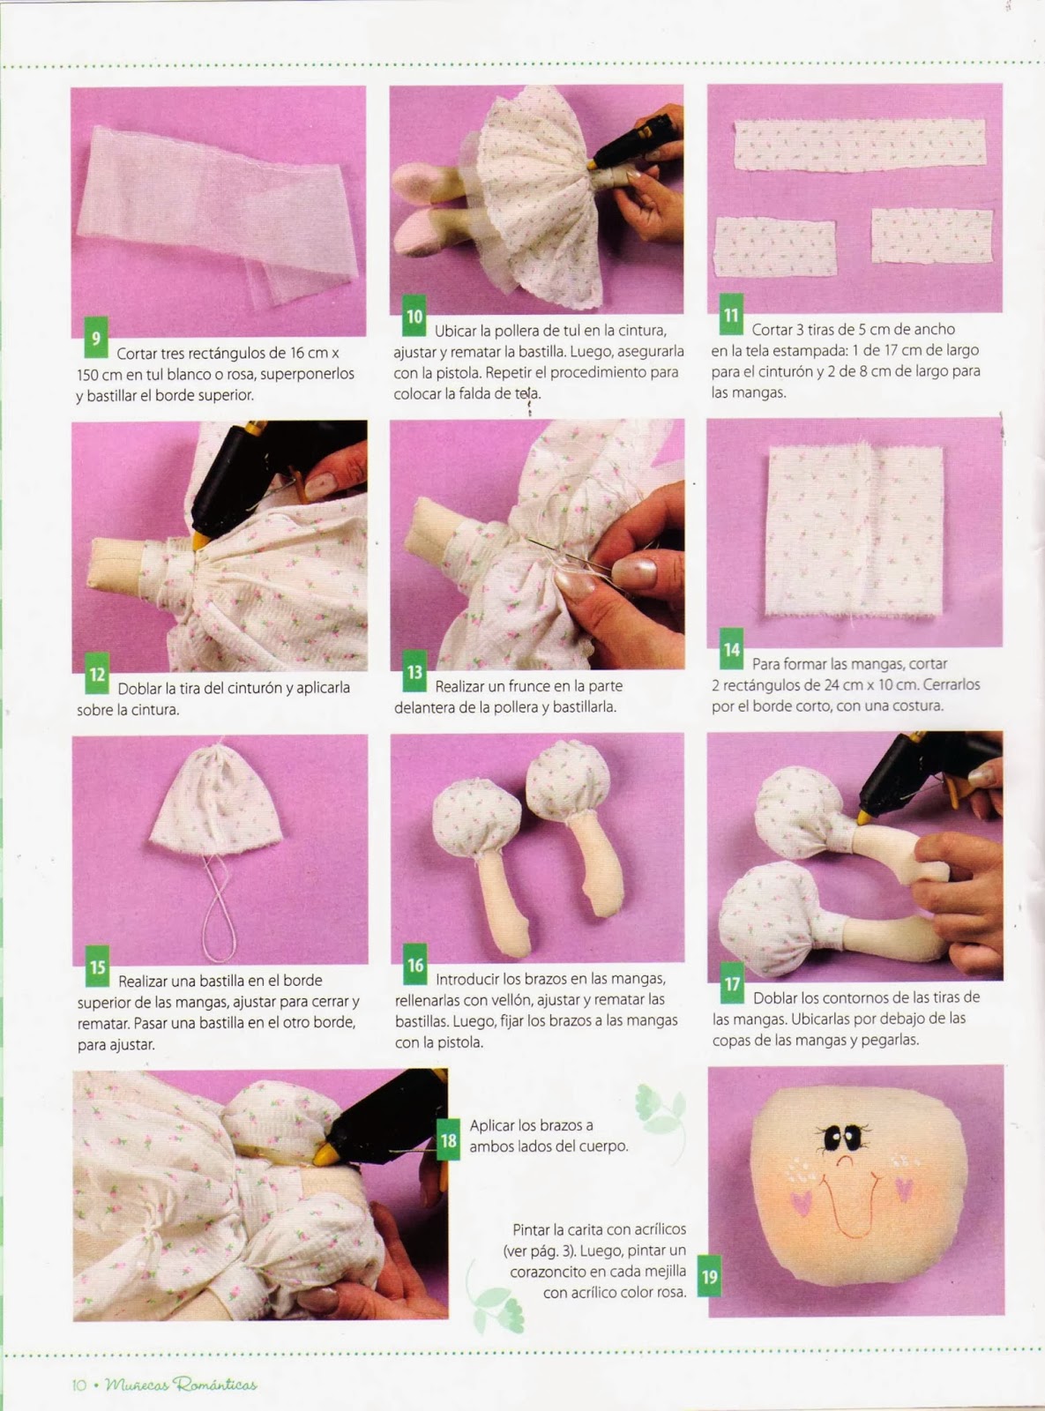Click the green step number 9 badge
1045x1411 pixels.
click(96, 337)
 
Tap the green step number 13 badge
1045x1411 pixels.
click(414, 672)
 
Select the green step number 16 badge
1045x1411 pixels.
click(415, 965)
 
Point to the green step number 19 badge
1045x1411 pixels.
click(709, 1276)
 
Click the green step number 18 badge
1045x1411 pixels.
click(449, 1140)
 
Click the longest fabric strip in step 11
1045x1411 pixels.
click(860, 145)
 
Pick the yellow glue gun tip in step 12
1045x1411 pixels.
click(200, 541)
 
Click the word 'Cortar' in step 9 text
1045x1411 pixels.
click(136, 353)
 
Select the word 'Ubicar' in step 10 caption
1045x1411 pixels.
click(455, 332)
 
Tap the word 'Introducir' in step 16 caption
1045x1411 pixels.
click(467, 978)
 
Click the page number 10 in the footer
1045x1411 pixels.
click(78, 1385)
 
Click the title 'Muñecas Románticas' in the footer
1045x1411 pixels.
click(181, 1385)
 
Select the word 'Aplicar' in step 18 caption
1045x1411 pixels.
click(493, 1125)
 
